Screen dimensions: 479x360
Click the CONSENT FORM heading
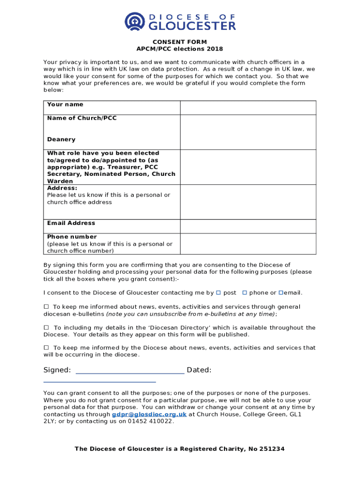[x=180, y=42]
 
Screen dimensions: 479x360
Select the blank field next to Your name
[x=248, y=108]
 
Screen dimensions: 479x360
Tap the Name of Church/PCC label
[x=82, y=118]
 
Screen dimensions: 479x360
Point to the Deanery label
[x=61, y=139]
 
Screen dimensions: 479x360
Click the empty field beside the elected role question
[x=248, y=167]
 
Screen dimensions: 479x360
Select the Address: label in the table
[x=62, y=188]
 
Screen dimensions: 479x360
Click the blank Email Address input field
[x=248, y=226]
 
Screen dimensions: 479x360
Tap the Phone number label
[x=72, y=237]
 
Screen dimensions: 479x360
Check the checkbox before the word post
[x=218, y=293]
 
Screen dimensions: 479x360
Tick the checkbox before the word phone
[x=245, y=293]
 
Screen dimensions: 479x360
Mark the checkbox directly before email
[x=281, y=293]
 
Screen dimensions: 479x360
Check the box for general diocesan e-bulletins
[x=46, y=307]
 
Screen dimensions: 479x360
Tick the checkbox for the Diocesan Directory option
[x=46, y=327]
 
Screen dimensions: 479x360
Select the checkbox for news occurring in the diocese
[x=46, y=348]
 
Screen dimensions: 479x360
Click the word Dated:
[x=199, y=370]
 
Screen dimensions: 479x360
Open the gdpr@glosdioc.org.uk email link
[x=149, y=414]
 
